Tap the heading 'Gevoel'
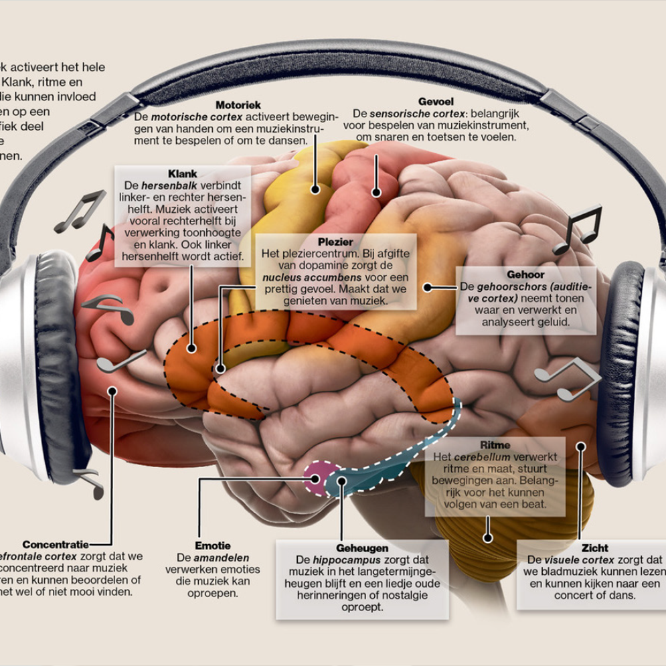[436, 101]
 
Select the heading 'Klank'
[183, 173]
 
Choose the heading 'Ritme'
[495, 444]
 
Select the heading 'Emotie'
[207, 546]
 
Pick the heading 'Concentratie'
[55, 544]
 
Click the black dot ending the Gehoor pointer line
[425, 287]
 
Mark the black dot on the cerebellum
[488, 537]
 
